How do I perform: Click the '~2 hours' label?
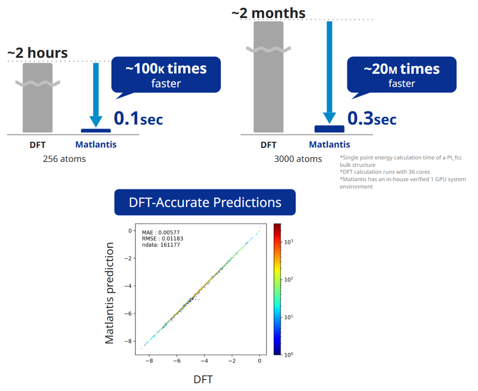click(37, 53)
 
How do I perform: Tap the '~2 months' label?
click(268, 13)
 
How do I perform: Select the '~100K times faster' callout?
click(166, 74)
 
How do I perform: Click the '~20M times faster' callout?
click(401, 74)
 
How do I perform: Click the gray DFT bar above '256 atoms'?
click(37, 99)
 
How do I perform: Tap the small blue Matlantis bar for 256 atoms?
click(96, 131)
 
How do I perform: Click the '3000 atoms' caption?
click(298, 159)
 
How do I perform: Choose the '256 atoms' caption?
click(64, 159)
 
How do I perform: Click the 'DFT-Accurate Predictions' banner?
click(205, 202)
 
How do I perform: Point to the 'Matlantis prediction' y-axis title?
click(109, 293)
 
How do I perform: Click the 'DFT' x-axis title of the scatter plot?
click(203, 379)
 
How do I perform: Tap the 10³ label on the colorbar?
click(289, 242)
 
